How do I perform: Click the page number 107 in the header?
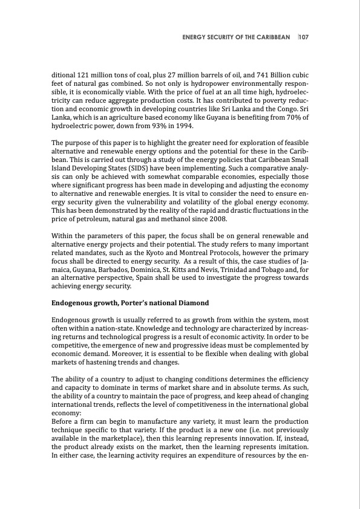pyautogui.click(x=304, y=37)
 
